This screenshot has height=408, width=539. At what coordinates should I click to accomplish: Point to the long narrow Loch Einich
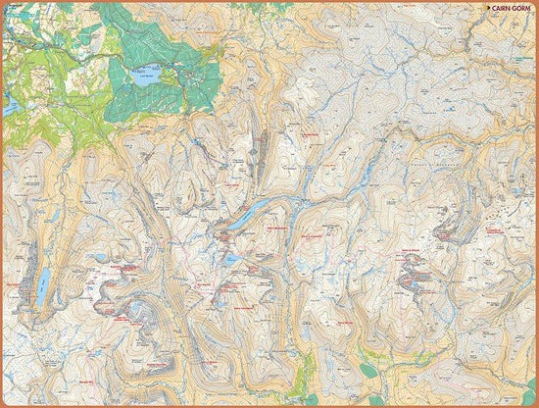point(44,281)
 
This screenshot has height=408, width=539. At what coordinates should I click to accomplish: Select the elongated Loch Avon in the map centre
point(258,213)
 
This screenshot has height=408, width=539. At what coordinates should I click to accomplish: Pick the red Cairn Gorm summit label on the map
point(233,184)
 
